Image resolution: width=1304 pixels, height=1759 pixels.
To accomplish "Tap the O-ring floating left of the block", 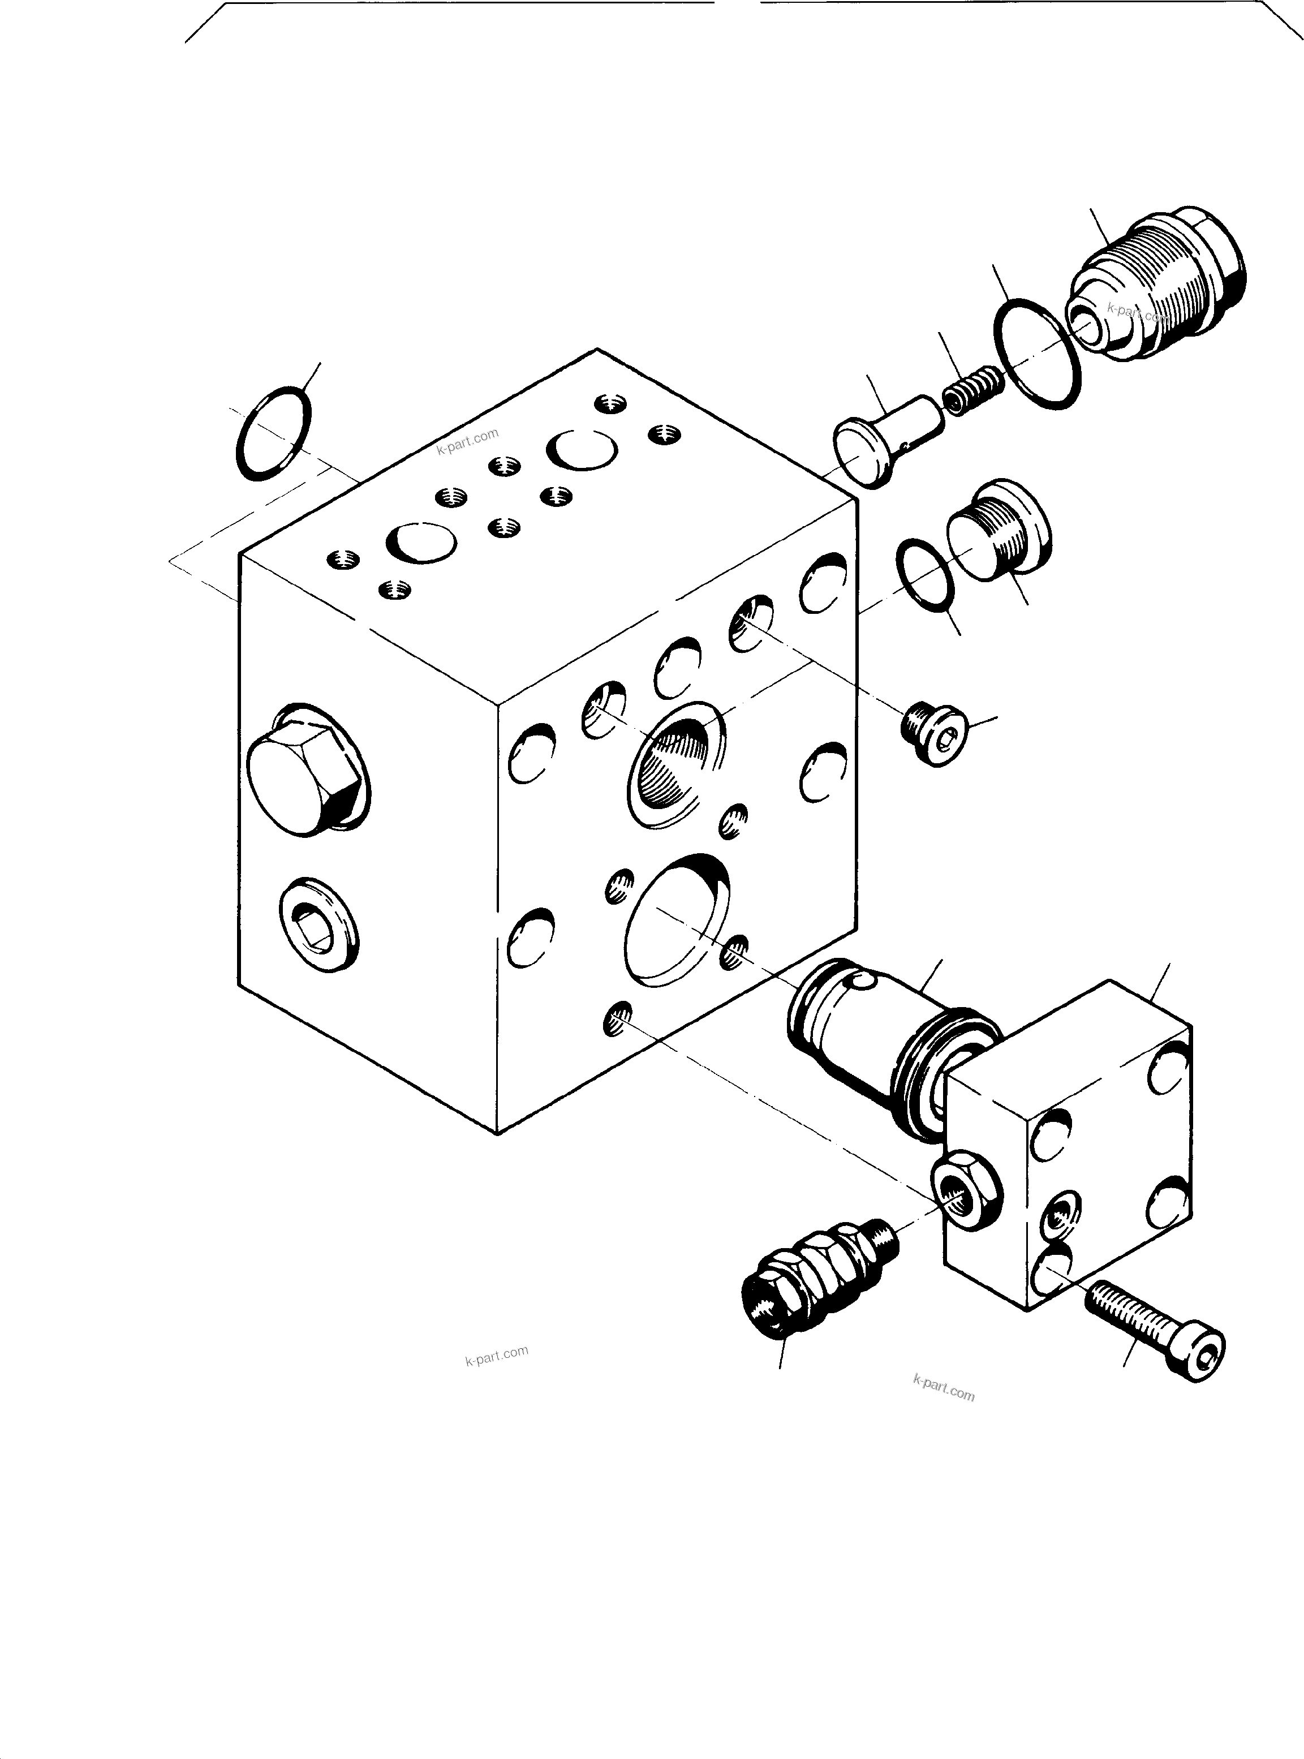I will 274,433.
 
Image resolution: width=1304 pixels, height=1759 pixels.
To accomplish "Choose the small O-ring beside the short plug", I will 925,575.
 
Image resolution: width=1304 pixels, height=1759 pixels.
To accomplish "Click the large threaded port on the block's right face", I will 675,764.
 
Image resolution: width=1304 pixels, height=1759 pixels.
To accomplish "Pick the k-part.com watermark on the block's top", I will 467,441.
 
